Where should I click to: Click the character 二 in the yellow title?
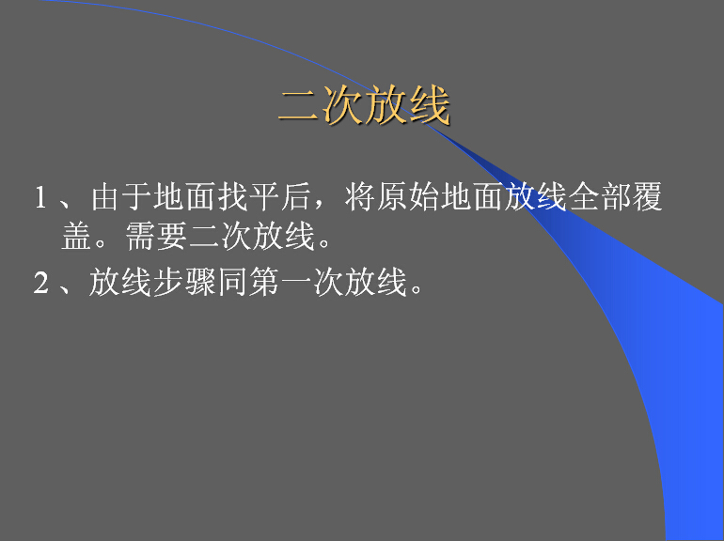[298, 105]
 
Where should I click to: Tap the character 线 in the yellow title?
[429, 105]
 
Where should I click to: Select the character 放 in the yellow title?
[386, 105]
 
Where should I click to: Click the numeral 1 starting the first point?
[40, 197]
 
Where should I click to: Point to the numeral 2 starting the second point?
[40, 282]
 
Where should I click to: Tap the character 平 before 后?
[264, 197]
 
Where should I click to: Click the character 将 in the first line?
[360, 197]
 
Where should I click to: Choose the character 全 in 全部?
[583, 197]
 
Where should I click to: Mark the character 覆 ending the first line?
[647, 197]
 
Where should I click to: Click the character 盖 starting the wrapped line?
[77, 236]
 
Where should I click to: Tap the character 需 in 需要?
[140, 236]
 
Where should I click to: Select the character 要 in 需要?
[172, 236]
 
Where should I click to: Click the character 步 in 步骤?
[167, 282]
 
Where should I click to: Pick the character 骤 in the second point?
[200, 282]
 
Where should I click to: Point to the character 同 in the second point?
[232, 282]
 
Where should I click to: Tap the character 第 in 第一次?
[263, 282]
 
